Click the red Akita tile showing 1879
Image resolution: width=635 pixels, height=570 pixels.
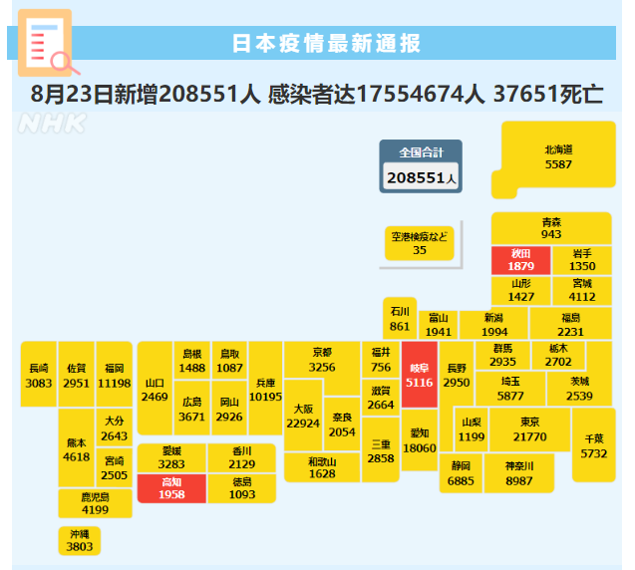[520, 260]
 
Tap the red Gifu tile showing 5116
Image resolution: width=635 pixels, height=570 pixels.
[419, 375]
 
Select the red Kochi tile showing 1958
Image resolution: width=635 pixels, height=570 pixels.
[171, 489]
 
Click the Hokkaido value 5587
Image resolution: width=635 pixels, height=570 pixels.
[558, 164]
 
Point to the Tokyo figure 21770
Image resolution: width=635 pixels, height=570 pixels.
[529, 436]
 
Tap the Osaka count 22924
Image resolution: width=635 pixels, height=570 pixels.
[303, 424]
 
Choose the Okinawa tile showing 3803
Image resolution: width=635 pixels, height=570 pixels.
[80, 541]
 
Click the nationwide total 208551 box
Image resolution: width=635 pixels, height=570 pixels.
[421, 166]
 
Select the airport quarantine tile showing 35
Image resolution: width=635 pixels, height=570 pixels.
[419, 243]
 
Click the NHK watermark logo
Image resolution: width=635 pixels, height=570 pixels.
[52, 124]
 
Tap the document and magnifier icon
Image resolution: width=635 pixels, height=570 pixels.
[48, 43]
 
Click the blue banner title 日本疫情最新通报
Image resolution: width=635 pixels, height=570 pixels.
[326, 43]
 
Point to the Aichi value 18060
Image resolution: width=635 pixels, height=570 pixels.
[420, 448]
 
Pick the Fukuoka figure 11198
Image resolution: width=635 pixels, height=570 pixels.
[115, 383]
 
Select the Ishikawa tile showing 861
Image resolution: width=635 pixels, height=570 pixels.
[400, 318]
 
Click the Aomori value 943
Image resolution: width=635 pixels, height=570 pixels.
[551, 234]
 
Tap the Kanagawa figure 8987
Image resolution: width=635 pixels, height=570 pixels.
[519, 481]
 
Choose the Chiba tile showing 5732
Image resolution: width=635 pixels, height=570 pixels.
[594, 444]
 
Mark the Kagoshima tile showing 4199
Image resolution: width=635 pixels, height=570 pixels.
[95, 503]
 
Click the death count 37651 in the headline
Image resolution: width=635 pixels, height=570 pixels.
[519, 94]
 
